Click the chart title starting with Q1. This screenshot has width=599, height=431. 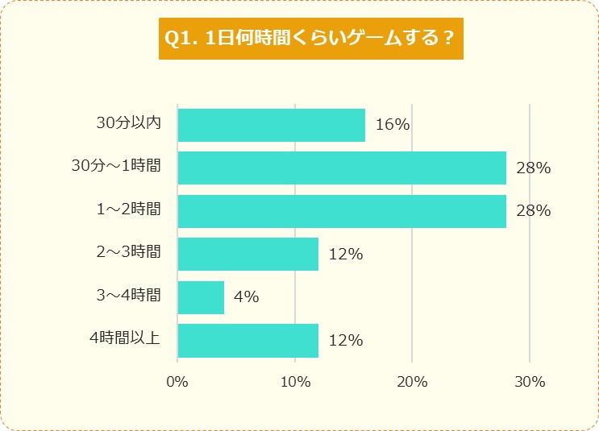coord(310,39)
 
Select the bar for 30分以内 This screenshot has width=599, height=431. coord(271,125)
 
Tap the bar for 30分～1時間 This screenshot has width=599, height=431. coord(342,168)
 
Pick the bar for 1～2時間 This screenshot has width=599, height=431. coord(342,211)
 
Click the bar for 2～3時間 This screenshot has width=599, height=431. coord(248,254)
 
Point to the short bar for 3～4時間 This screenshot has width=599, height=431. coord(201,297)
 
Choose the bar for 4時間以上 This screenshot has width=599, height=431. coord(248,340)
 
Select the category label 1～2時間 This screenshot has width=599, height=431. coord(128,209)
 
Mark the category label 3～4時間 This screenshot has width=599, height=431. coord(128,296)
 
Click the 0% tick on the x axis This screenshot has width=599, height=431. coord(177,382)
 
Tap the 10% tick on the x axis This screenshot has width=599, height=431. coord(295,382)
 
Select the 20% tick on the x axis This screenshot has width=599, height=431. coord(412,382)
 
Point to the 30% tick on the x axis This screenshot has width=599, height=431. coord(530,382)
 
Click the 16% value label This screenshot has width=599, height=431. coord(393,125)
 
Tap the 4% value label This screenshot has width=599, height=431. coord(246,297)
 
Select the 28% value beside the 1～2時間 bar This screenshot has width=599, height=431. coord(533,211)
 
